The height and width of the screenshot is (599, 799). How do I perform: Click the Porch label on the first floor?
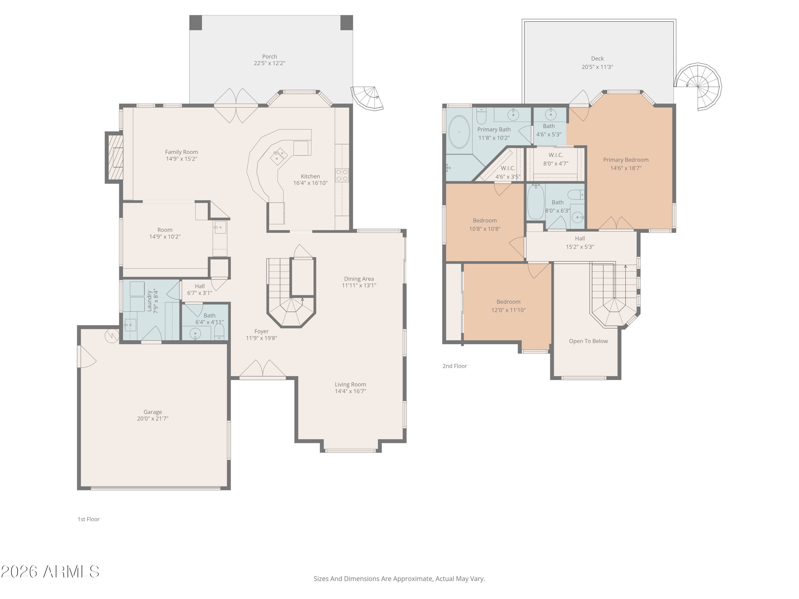[270, 56]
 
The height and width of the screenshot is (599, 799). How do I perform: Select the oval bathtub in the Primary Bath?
[459, 132]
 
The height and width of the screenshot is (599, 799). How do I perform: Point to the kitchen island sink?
[279, 156]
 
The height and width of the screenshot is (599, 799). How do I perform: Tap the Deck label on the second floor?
[597, 59]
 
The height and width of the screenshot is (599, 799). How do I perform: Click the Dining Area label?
[359, 279]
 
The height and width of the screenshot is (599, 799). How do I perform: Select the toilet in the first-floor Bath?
[219, 331]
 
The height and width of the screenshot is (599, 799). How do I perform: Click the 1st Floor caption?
[88, 519]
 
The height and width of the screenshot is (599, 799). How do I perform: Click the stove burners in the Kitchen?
[342, 175]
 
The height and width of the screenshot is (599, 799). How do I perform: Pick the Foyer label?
[261, 331]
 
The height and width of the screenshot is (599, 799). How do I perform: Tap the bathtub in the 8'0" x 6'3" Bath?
[536, 202]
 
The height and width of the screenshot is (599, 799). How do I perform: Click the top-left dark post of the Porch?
[196, 23]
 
